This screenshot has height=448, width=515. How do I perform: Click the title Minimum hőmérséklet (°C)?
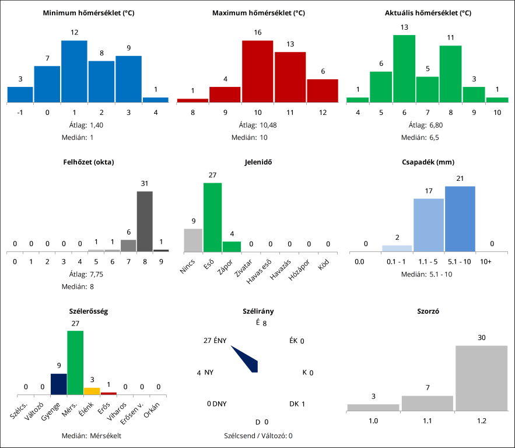89,12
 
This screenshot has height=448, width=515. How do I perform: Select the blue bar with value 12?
74,71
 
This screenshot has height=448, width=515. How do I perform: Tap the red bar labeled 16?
257,71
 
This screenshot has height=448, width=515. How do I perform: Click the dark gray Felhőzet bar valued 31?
145,221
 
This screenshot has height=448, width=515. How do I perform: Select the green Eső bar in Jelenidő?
212,217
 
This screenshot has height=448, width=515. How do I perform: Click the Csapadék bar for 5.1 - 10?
460,219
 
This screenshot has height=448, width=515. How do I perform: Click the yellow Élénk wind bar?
92,391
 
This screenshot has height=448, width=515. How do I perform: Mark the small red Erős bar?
108,393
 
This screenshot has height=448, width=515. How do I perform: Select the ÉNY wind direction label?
220,341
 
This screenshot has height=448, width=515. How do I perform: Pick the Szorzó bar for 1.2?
481,378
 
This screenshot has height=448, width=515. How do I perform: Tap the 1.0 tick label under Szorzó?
373,419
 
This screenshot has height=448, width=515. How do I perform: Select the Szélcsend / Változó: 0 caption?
258,435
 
